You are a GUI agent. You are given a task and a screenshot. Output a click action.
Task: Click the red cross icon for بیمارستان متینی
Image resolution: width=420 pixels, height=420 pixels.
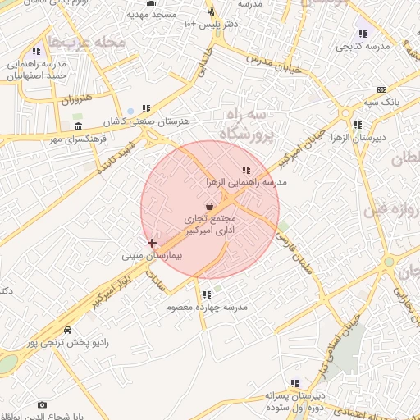point(152,243)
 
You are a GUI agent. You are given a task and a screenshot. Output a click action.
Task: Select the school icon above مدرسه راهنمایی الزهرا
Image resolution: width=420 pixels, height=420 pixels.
point(246,170)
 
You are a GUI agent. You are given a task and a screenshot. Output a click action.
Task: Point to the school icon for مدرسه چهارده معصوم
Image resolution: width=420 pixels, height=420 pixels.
point(207,294)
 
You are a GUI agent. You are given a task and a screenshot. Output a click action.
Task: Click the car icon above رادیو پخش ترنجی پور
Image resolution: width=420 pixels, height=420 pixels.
point(68,330)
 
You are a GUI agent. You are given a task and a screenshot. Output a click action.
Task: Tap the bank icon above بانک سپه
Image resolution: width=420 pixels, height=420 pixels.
point(381,89)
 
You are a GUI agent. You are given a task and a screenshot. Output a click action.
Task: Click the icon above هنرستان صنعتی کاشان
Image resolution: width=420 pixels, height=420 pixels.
point(146,108)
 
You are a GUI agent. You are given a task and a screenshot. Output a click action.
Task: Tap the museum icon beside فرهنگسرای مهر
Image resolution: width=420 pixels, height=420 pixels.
point(78,126)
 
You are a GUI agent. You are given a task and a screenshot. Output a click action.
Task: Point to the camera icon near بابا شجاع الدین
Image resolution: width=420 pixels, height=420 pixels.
point(43,404)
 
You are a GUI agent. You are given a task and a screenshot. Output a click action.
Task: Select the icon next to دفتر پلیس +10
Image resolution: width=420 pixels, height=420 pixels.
point(211,12)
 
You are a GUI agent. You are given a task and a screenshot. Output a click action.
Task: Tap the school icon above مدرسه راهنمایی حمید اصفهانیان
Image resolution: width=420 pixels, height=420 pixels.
point(36,51)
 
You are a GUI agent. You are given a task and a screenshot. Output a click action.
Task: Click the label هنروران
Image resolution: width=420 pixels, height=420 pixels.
point(73,100)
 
